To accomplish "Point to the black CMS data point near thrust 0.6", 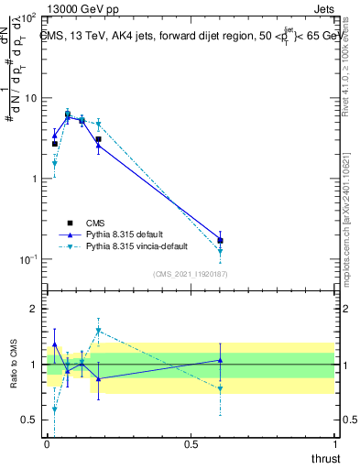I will (220, 241).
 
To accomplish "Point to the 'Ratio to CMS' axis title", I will (13, 365).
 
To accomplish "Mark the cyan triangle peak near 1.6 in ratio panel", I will (98, 331).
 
